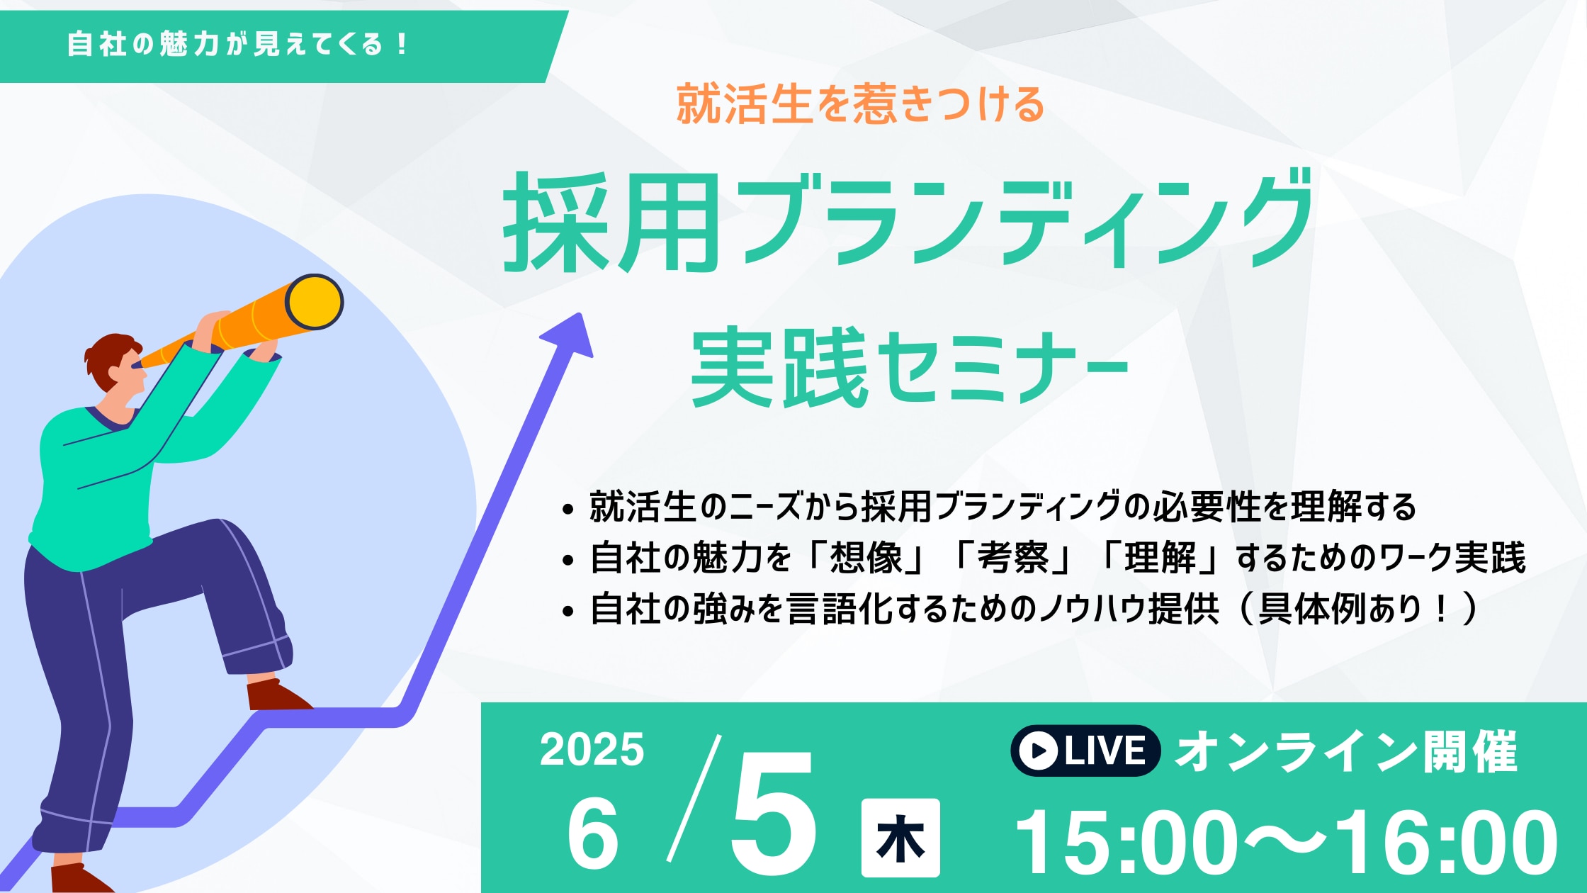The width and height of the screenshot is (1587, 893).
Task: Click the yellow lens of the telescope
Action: click(x=315, y=302)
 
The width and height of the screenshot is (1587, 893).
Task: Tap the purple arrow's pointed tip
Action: click(x=581, y=313)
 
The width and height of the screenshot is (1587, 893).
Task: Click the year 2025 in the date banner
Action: click(x=592, y=749)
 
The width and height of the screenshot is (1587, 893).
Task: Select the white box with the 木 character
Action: click(x=900, y=838)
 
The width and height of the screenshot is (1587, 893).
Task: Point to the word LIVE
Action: click(x=1105, y=751)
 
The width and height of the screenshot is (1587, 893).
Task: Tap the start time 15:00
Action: click(x=1126, y=843)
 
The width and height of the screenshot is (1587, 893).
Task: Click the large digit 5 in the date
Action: click(x=774, y=813)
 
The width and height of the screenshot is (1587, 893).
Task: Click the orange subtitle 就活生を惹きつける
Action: click(x=861, y=104)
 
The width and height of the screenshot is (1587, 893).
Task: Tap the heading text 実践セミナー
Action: click(x=910, y=368)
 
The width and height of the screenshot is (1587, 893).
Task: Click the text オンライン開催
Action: click(x=1346, y=751)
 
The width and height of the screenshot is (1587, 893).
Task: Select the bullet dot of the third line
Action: click(x=567, y=611)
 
